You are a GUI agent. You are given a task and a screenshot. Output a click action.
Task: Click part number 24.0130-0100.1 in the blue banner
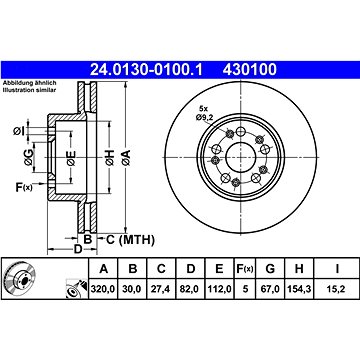tap(147, 70)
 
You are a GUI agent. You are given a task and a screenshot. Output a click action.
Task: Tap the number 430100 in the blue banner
tap(250, 70)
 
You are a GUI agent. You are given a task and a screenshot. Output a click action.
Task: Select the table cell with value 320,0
tap(103, 289)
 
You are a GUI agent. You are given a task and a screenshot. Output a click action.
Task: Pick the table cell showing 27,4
tap(161, 289)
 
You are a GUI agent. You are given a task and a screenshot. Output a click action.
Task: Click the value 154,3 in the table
tap(299, 289)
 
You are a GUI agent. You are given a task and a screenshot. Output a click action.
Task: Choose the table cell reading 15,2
tap(337, 289)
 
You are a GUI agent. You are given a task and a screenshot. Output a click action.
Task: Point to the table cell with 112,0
tap(219, 289)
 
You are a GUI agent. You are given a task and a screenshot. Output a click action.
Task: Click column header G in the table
tap(270, 268)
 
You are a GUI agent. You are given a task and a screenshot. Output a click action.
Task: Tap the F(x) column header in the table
tap(245, 268)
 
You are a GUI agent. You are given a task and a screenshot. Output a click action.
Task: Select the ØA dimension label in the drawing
tap(126, 157)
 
